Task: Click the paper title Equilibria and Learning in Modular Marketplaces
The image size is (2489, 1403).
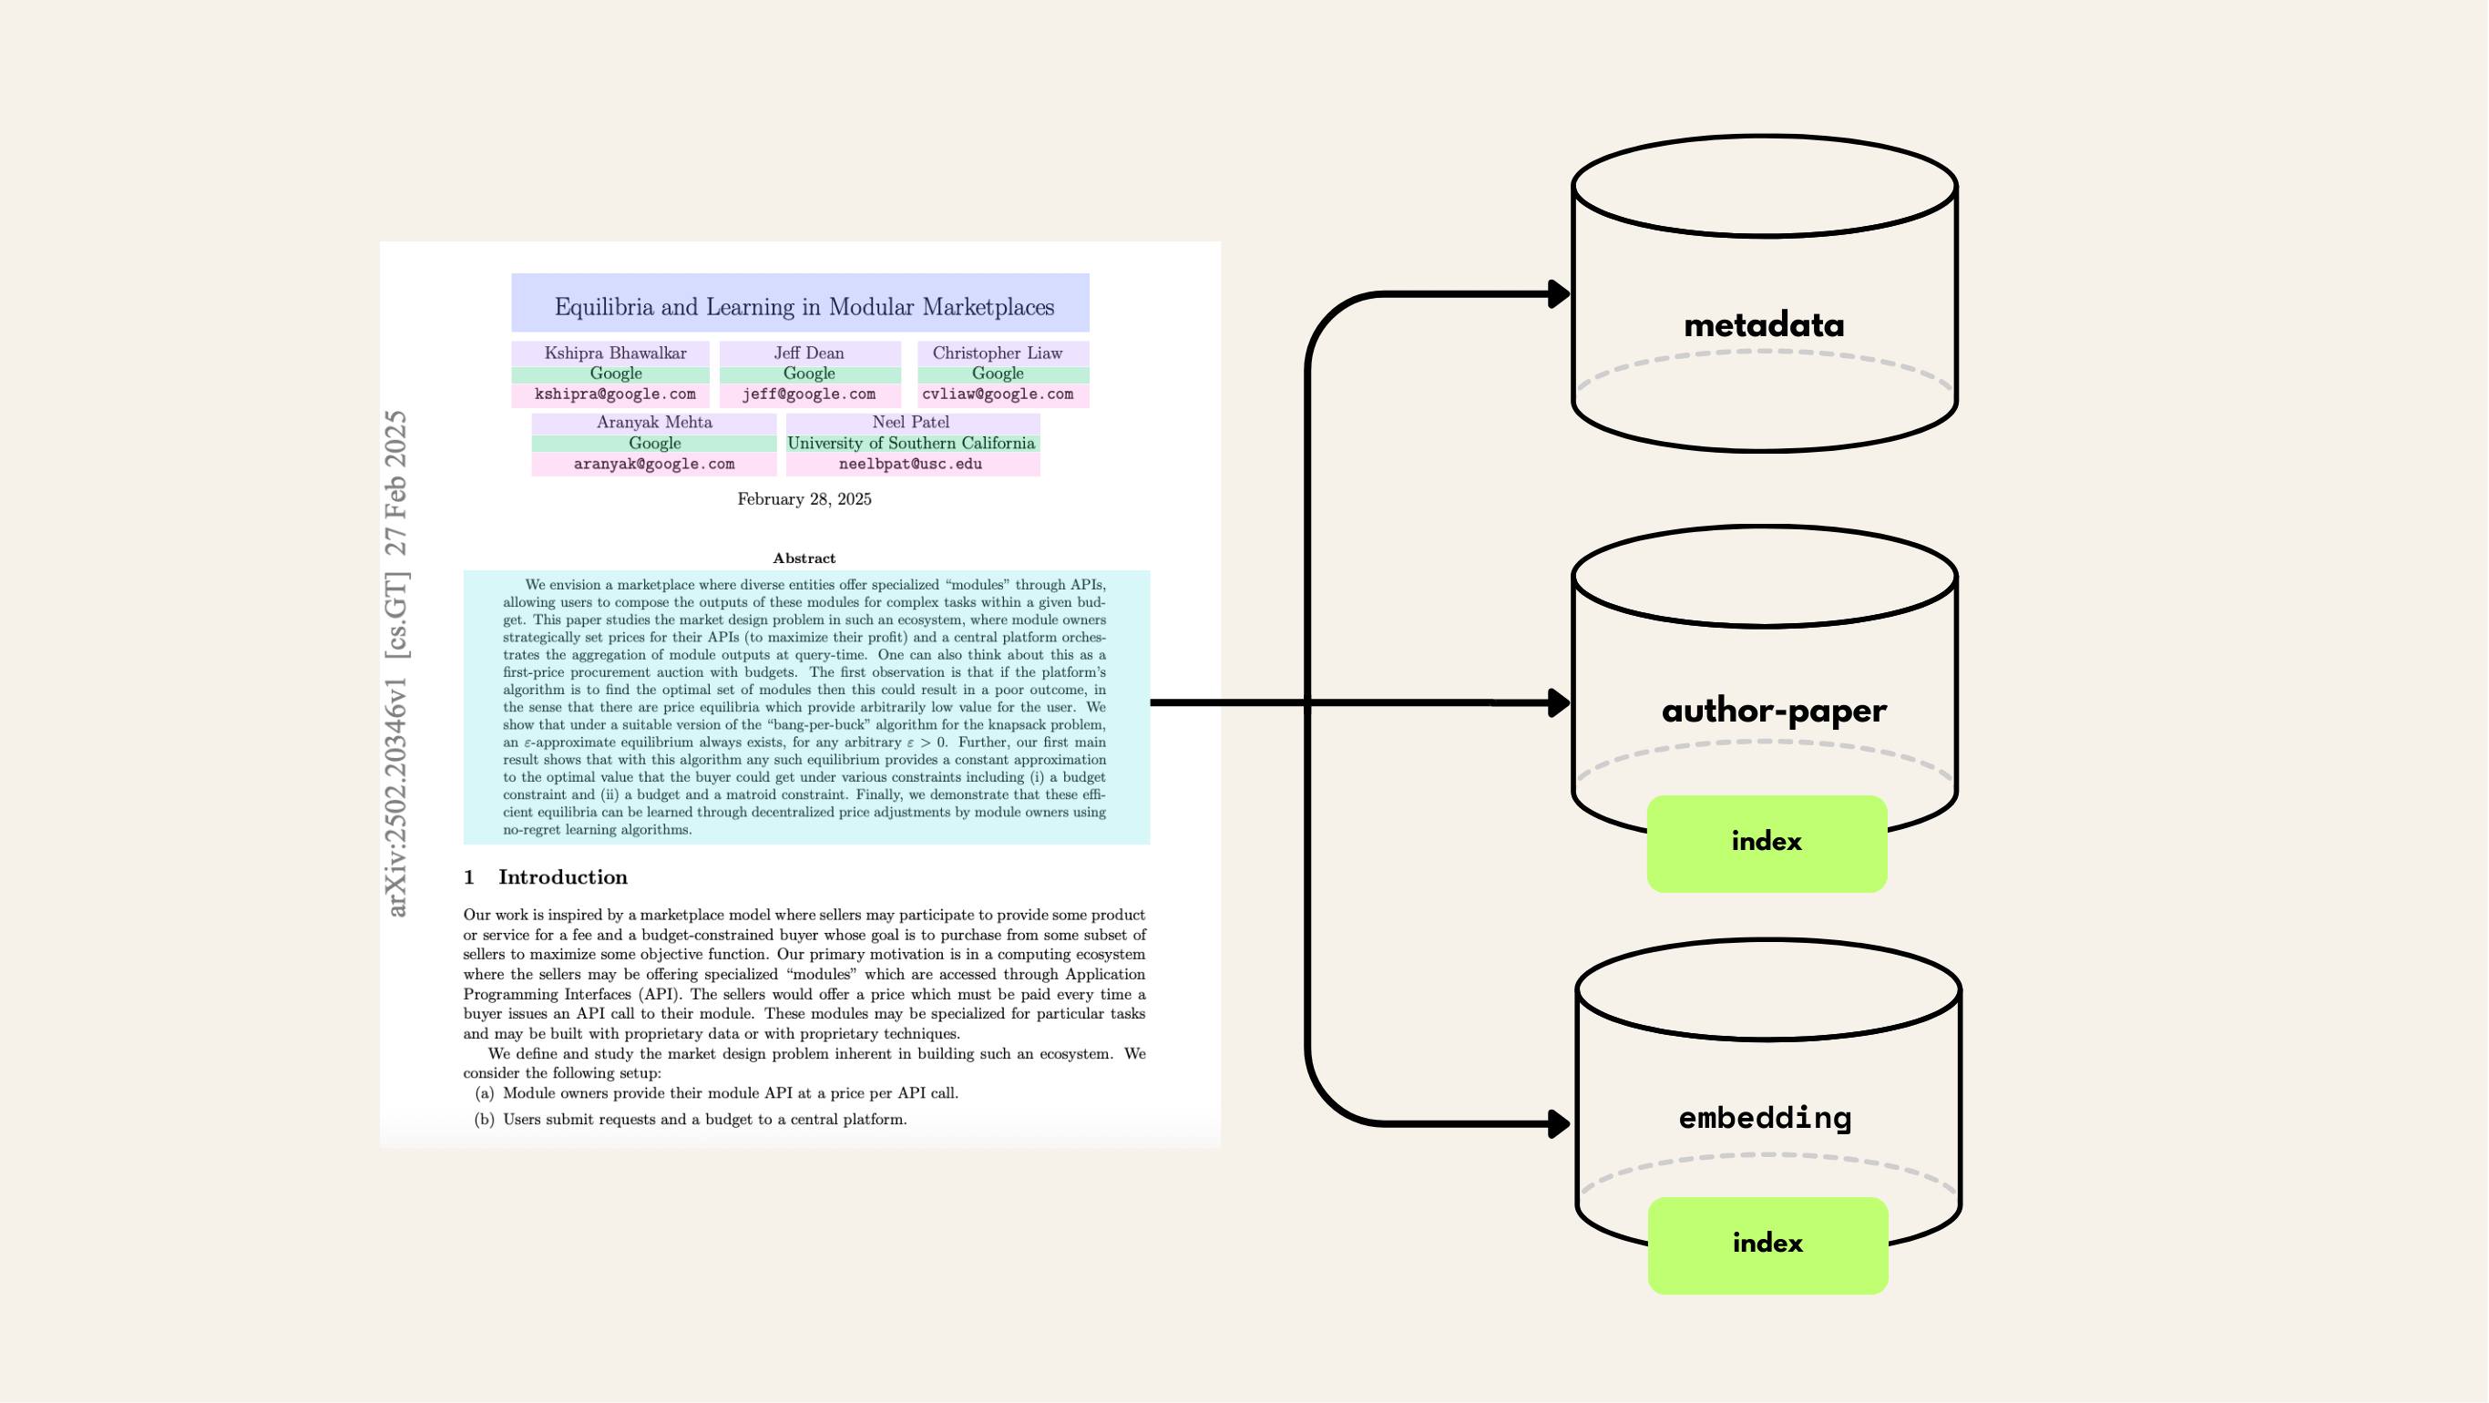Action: click(x=804, y=306)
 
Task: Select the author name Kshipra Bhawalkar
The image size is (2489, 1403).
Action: click(x=615, y=353)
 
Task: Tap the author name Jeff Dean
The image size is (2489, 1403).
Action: click(x=809, y=353)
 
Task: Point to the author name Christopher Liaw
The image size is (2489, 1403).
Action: click(x=997, y=353)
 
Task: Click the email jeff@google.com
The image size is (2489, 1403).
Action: click(x=809, y=394)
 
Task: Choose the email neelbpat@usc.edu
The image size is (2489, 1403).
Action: click(x=910, y=464)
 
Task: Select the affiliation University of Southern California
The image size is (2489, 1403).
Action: click(x=910, y=443)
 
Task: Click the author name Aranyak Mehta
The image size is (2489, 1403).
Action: click(x=654, y=422)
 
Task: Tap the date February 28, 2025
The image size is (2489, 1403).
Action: click(x=804, y=498)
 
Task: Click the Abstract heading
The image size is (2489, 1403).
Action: click(x=804, y=558)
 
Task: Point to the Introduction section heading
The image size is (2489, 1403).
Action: click(x=562, y=876)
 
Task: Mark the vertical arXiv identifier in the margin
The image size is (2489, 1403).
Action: click(x=396, y=663)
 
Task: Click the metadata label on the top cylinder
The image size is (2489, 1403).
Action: click(x=1764, y=324)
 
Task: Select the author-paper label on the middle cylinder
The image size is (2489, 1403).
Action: click(x=1773, y=711)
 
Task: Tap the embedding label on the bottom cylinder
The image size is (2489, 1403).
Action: click(x=1766, y=1118)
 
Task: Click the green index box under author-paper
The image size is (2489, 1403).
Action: click(x=1767, y=843)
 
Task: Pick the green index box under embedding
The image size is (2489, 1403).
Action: click(x=1767, y=1244)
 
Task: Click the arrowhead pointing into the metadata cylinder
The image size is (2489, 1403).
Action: click(x=1558, y=293)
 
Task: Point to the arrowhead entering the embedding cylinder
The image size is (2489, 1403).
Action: click(x=1558, y=1123)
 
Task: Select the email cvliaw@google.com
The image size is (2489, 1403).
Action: click(x=997, y=394)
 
